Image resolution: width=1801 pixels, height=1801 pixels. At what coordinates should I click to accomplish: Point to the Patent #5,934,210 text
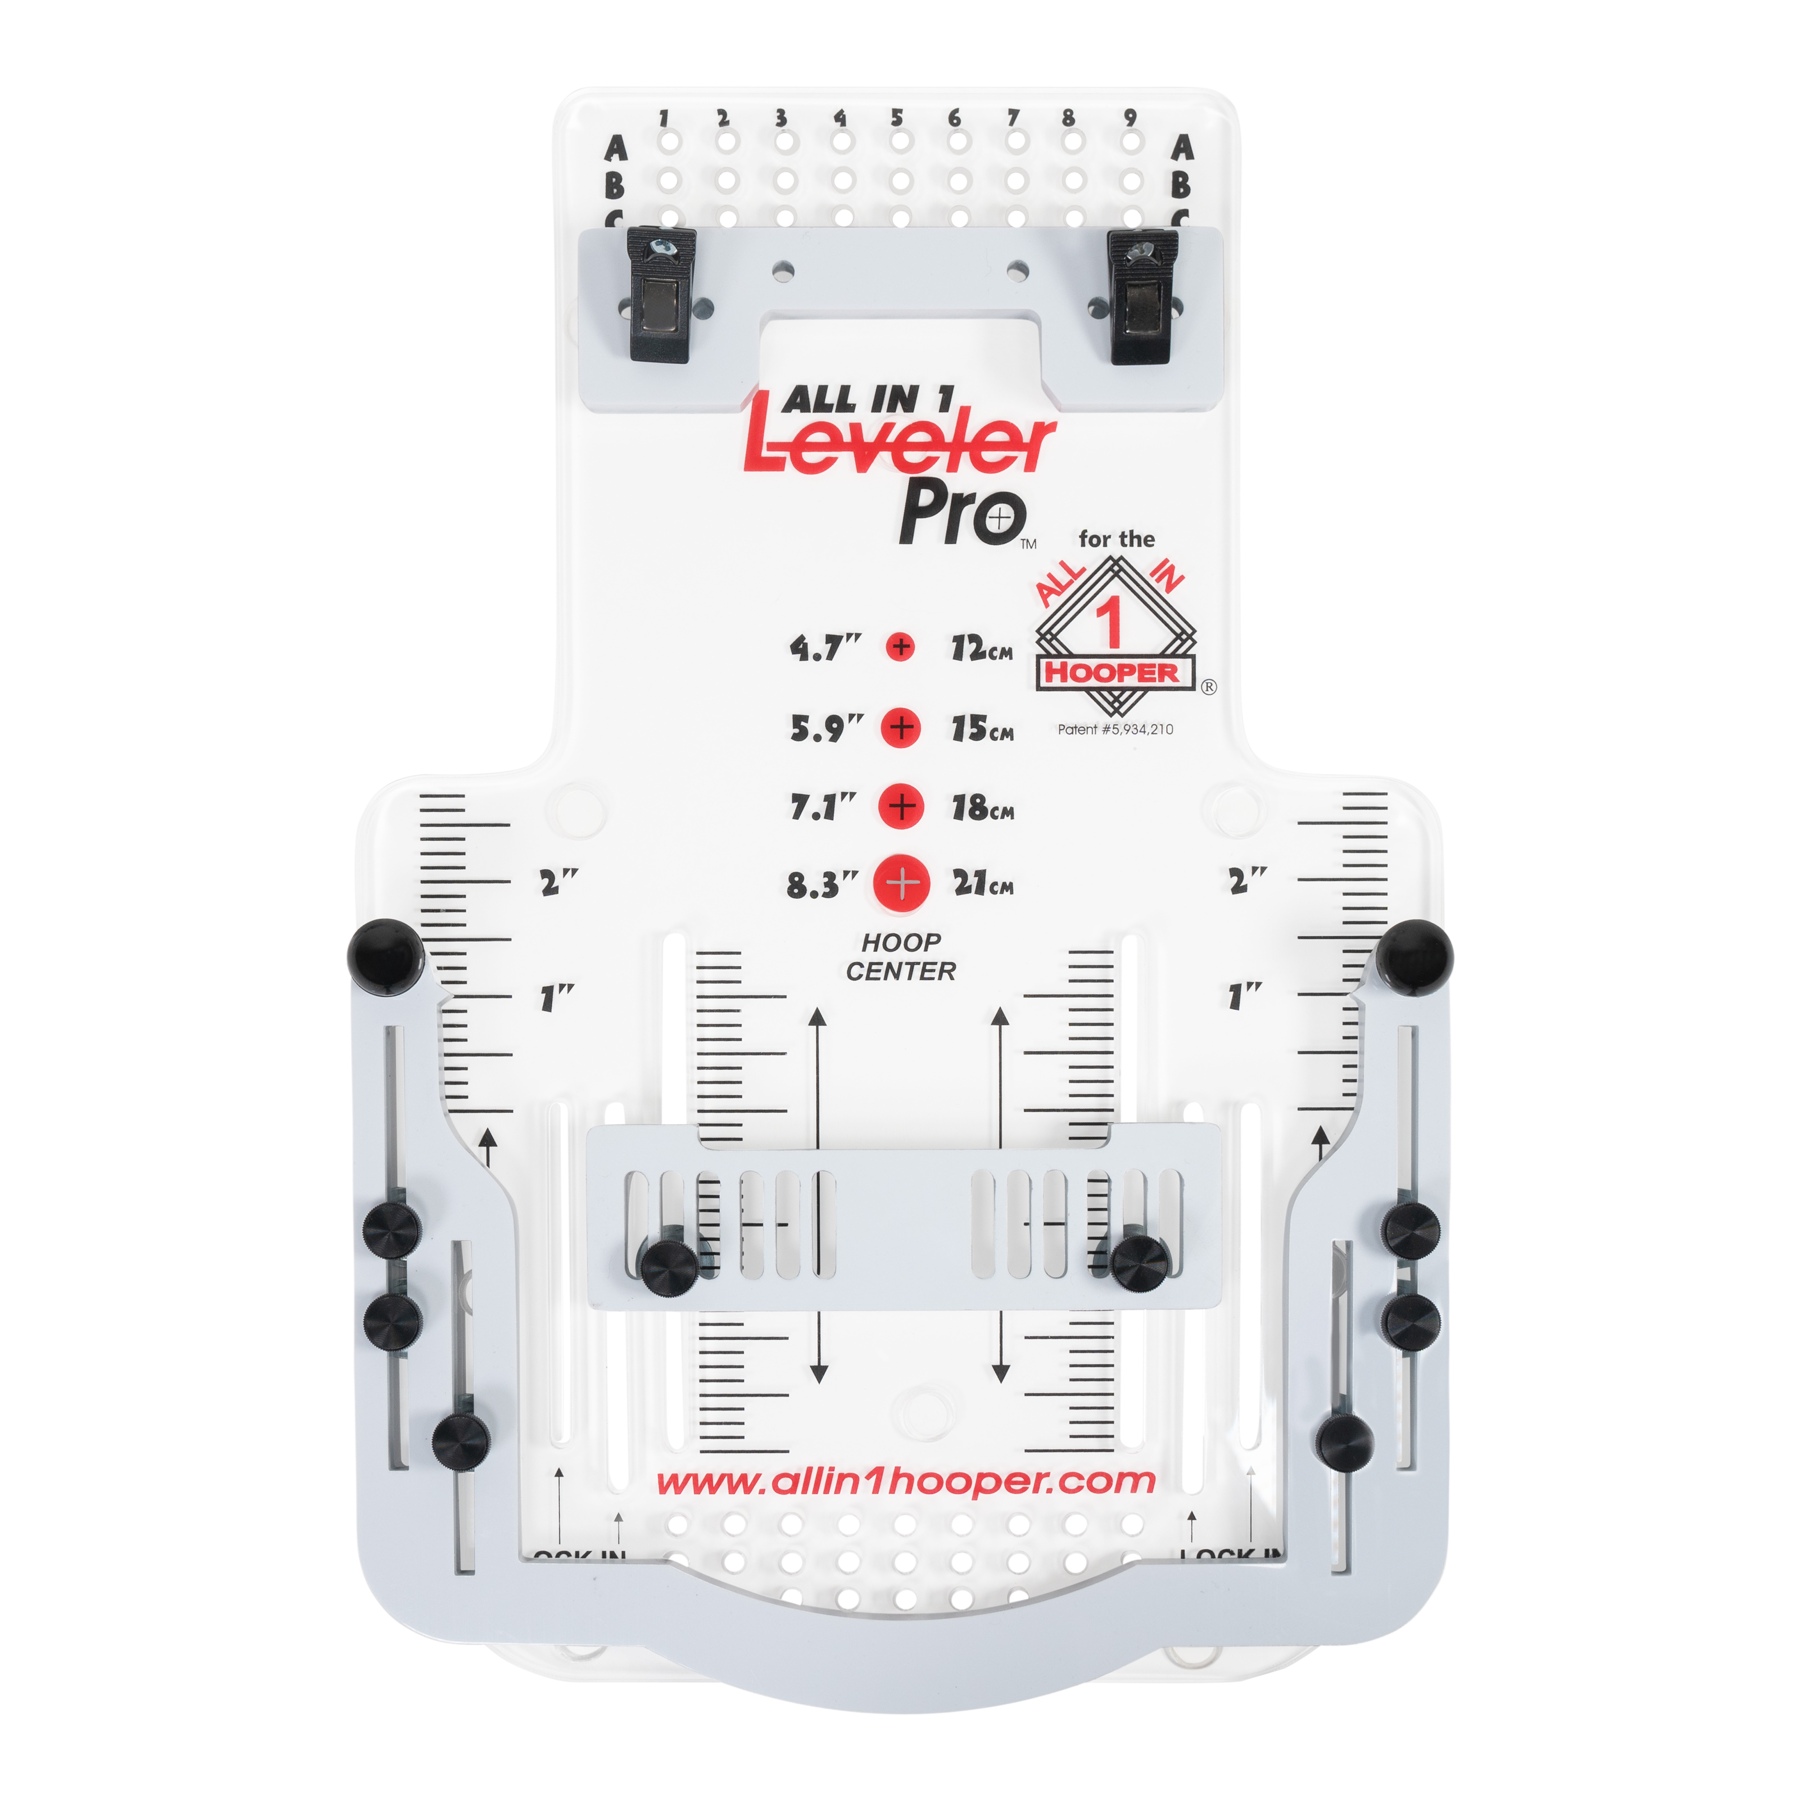pos(1115,730)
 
